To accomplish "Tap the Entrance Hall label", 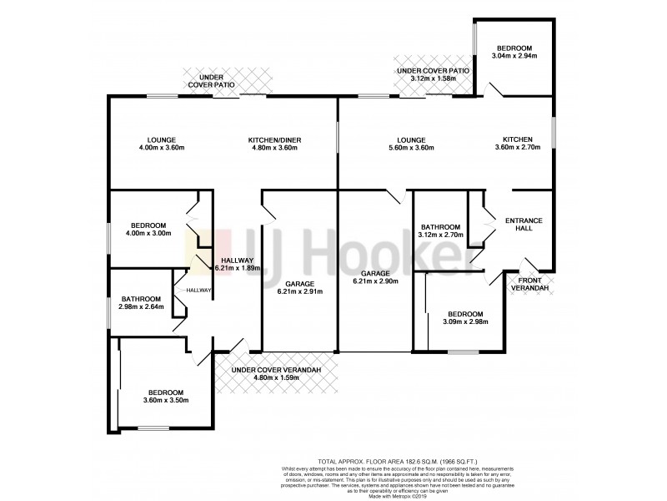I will click(524, 225).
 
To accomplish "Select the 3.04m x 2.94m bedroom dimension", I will click(514, 56).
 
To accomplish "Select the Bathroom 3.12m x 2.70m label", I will click(440, 231).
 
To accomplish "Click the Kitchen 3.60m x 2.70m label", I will click(517, 144).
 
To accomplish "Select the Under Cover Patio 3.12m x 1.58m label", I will click(433, 75).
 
